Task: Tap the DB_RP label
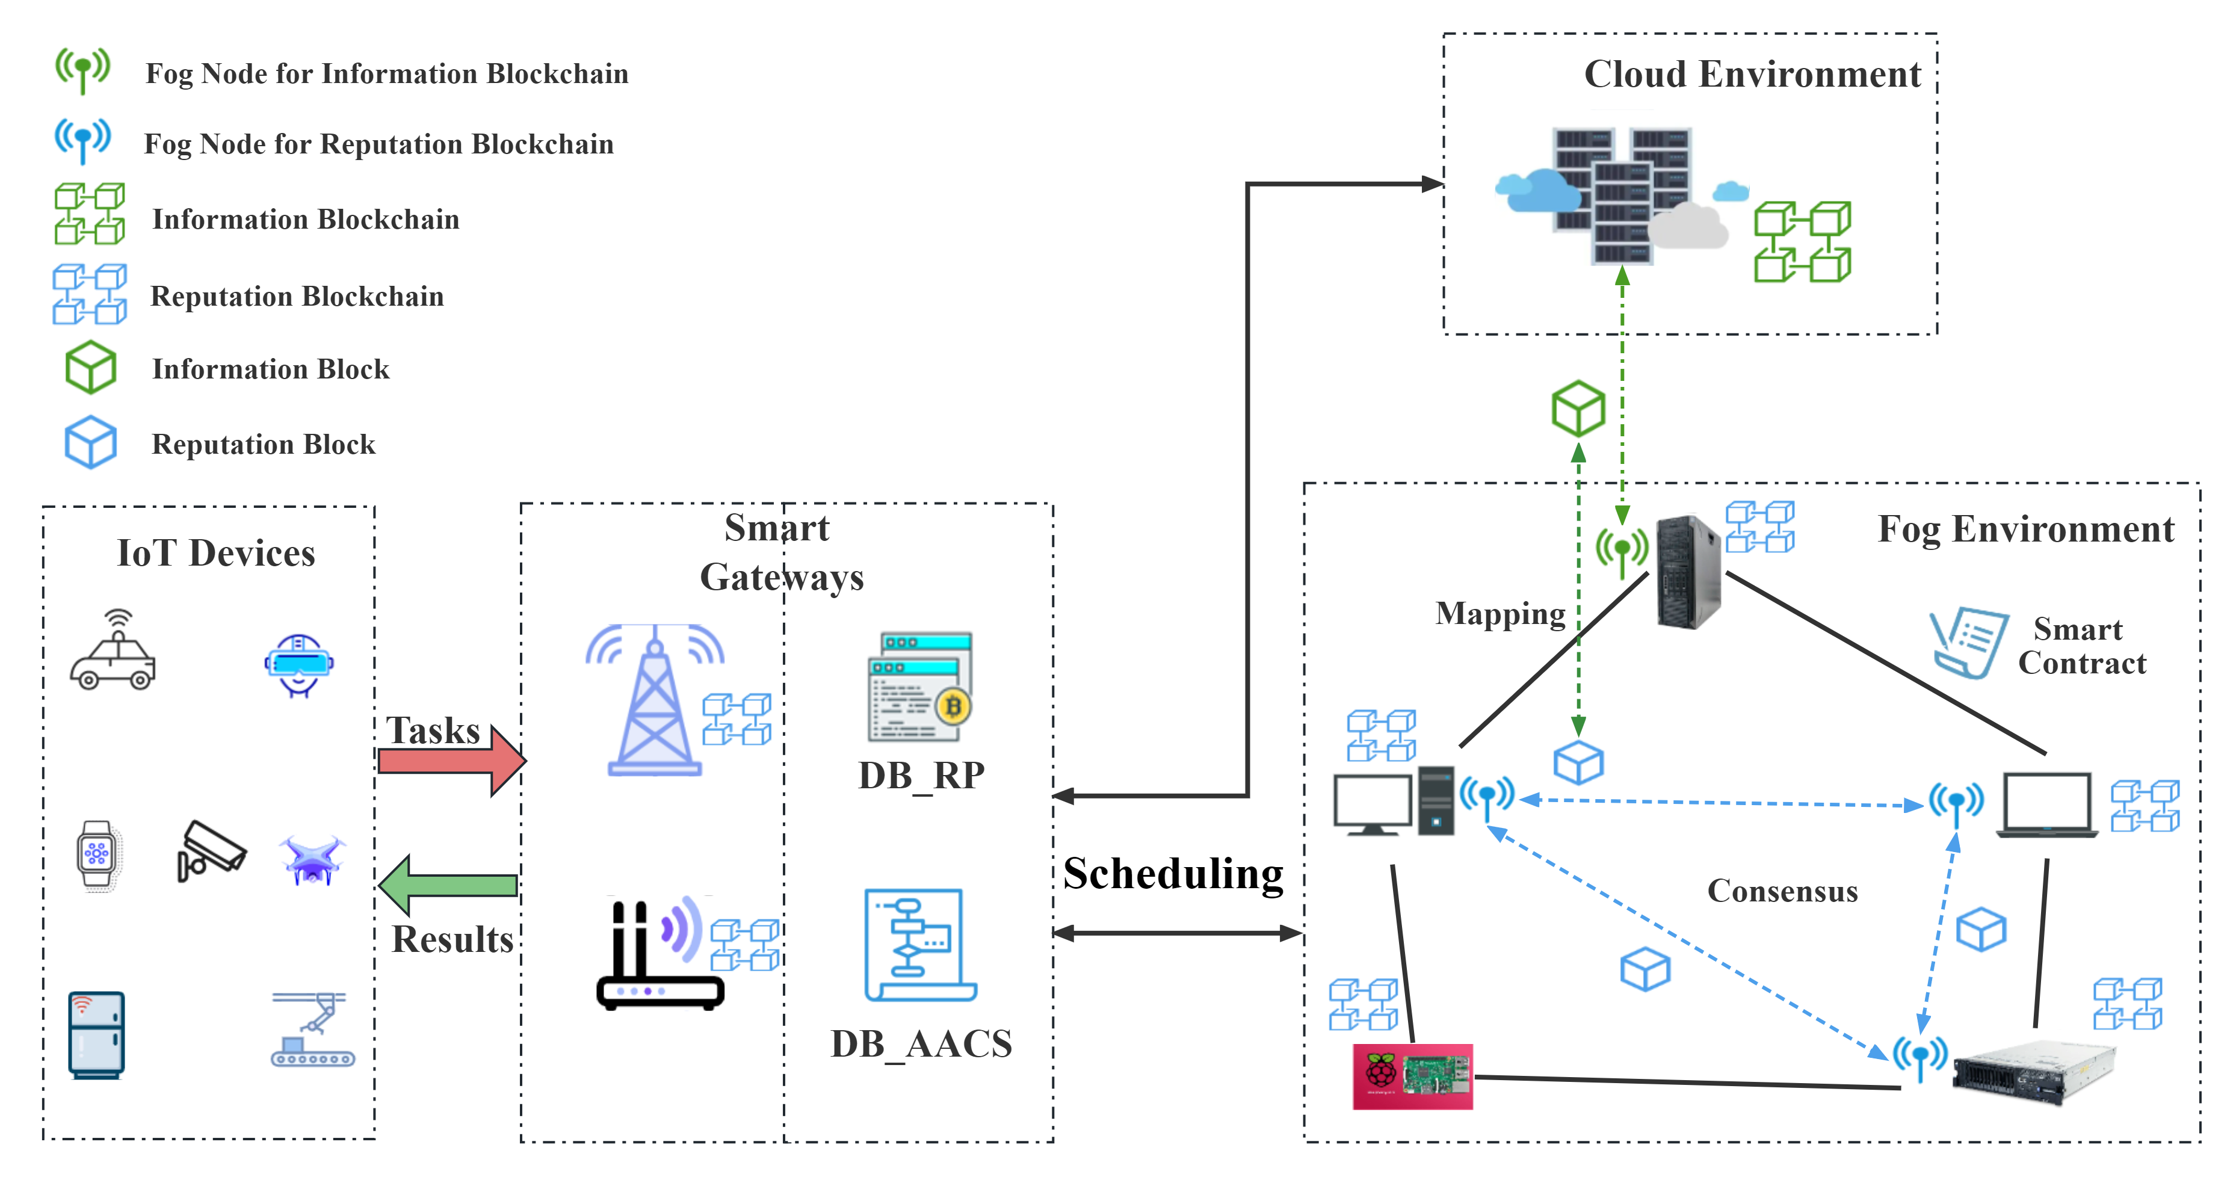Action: point(921,775)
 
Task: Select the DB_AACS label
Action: point(921,1043)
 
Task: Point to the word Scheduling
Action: point(1173,874)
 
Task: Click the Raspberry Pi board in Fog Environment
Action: point(1412,1076)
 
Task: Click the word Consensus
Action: point(1782,891)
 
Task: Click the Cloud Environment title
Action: point(1752,75)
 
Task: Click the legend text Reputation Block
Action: point(263,445)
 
